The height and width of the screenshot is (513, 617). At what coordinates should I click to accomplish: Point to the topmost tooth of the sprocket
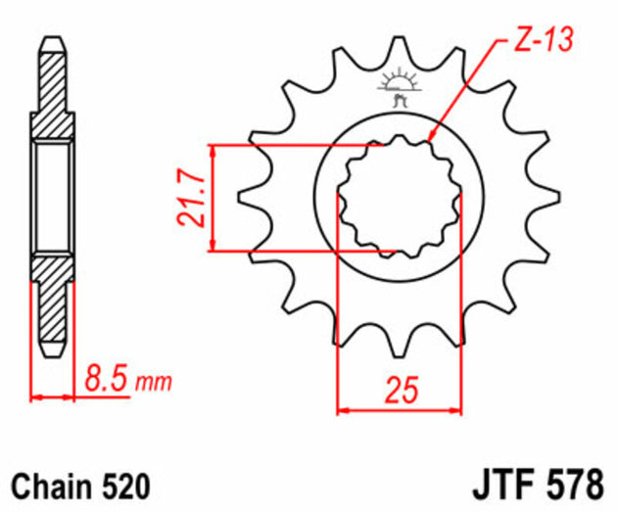[400, 49]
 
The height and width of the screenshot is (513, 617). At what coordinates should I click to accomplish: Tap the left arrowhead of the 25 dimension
[344, 408]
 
